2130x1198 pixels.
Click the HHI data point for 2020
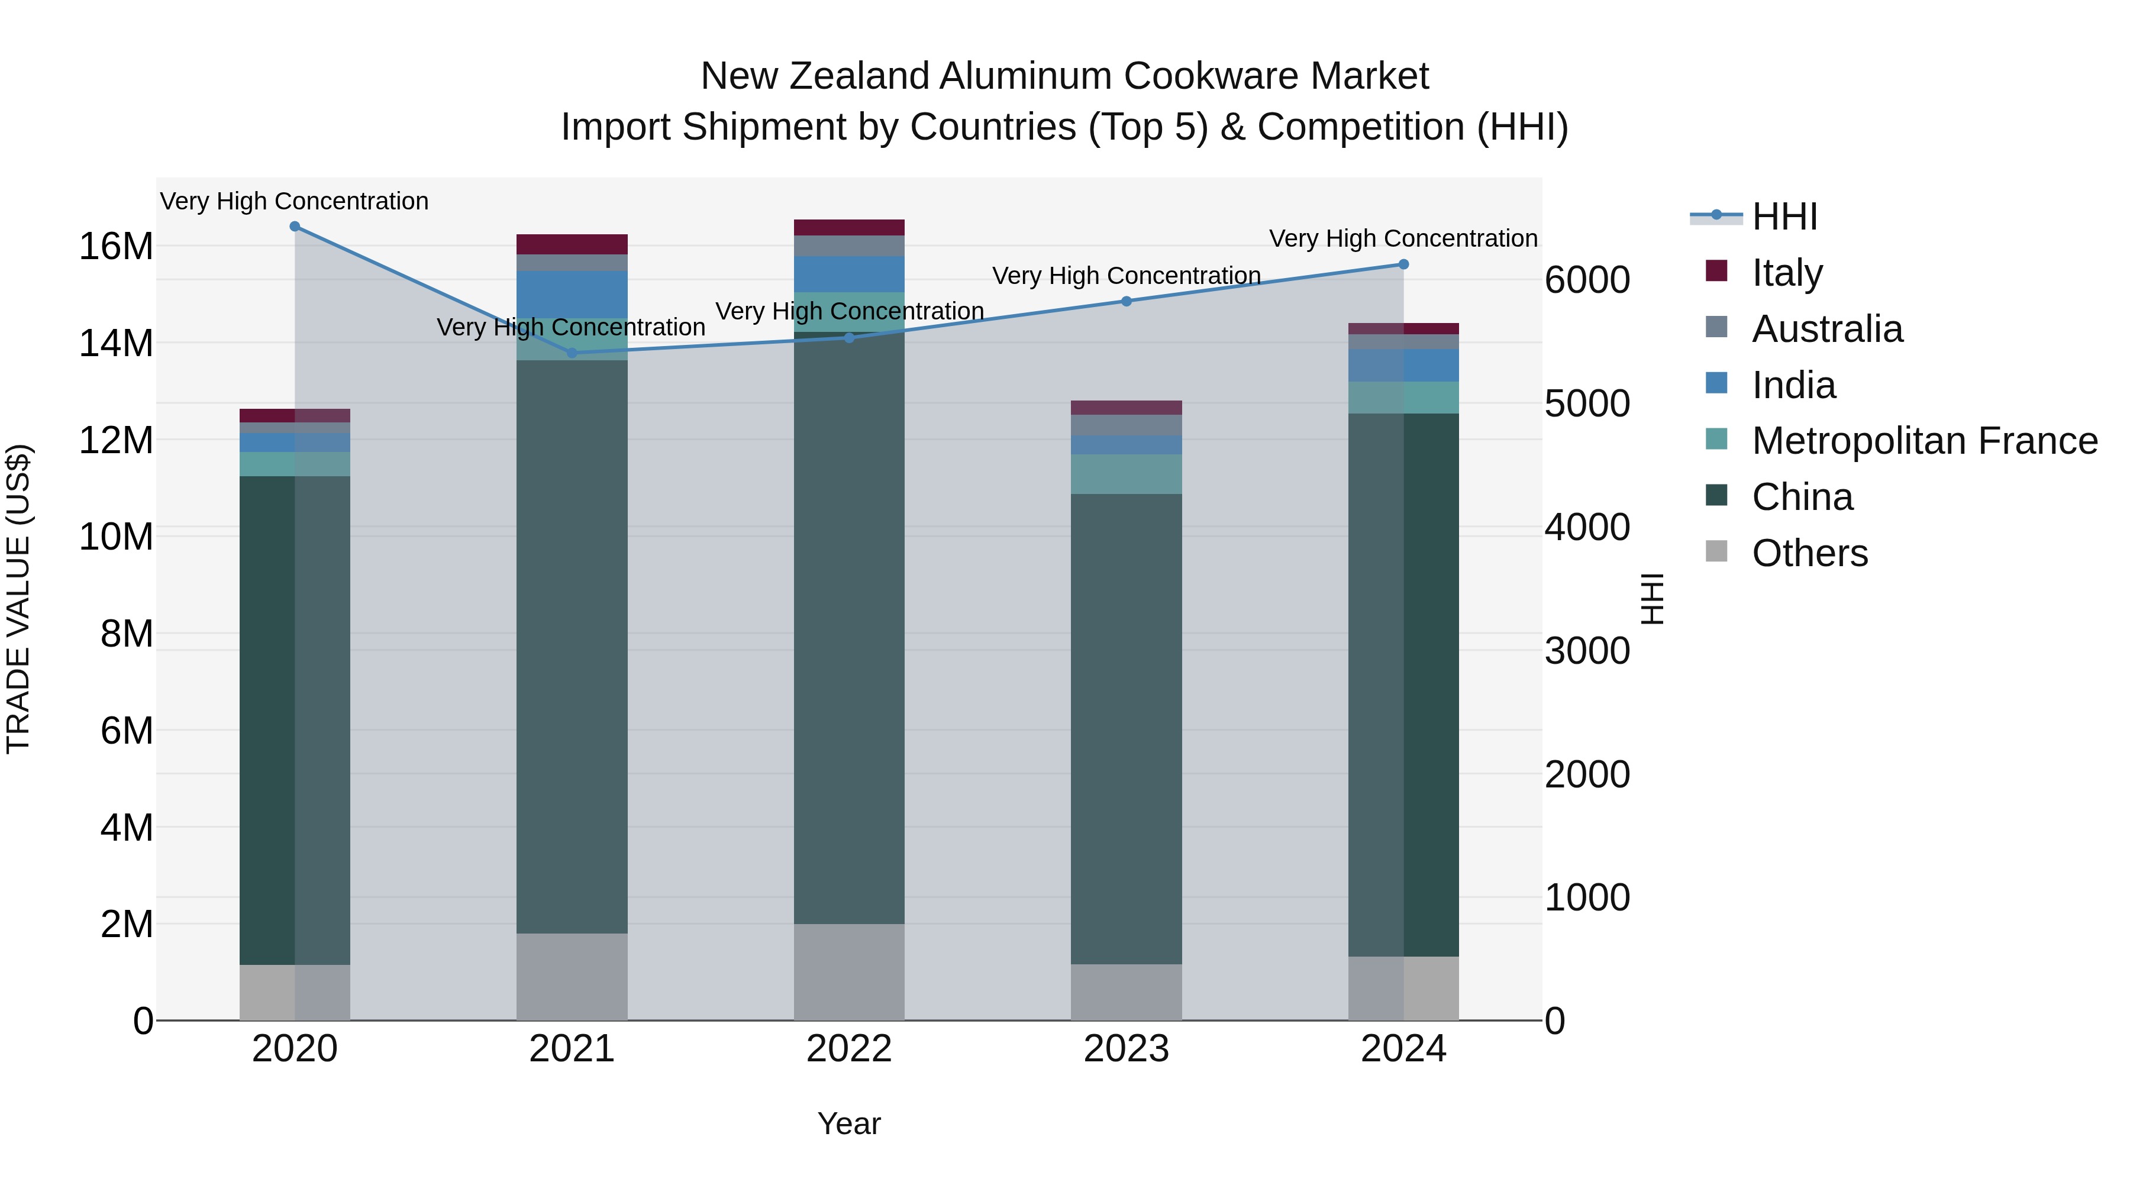click(x=295, y=227)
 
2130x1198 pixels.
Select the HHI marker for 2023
click(x=1126, y=301)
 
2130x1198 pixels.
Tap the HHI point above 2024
click(x=1403, y=264)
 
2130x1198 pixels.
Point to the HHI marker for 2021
click(x=572, y=353)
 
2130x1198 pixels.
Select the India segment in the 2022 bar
click(x=849, y=274)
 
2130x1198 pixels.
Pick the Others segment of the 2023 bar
click(x=1126, y=992)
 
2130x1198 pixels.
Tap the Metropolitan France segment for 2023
click(x=1126, y=474)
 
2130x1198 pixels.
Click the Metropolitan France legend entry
click(x=1924, y=441)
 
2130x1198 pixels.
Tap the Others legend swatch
click(x=1716, y=551)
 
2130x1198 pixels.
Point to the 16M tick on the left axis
click(x=116, y=246)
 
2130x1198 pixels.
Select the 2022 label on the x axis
click(x=849, y=1049)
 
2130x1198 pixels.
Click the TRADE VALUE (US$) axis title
click(x=18, y=599)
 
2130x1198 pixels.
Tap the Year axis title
click(x=849, y=1123)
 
